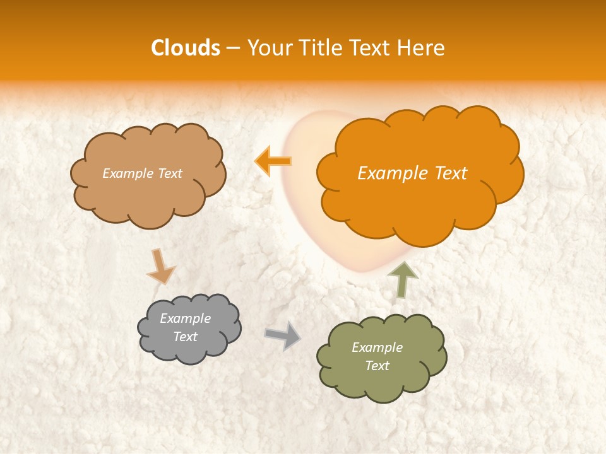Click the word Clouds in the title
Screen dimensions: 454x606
pyautogui.click(x=186, y=48)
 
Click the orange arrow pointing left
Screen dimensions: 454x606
pyautogui.click(x=273, y=161)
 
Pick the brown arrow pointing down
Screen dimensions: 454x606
pyautogui.click(x=160, y=265)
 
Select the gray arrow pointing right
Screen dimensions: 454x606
pyautogui.click(x=282, y=335)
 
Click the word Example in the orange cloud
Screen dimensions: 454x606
pyautogui.click(x=389, y=173)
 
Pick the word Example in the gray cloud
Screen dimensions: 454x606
pyautogui.click(x=185, y=318)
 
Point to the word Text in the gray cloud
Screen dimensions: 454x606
pyautogui.click(x=185, y=337)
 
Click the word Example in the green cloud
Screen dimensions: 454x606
pyautogui.click(x=377, y=347)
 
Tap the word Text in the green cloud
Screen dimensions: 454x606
pyautogui.click(x=377, y=366)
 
